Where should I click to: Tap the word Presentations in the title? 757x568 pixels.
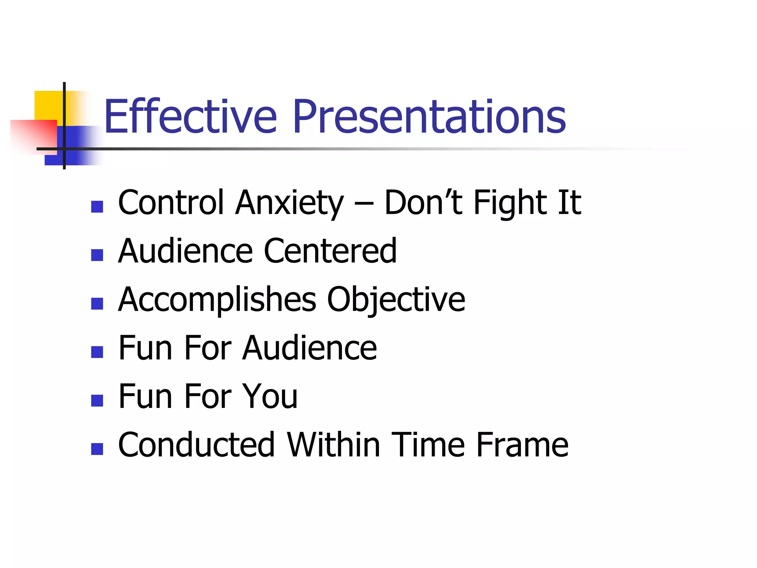[x=429, y=117]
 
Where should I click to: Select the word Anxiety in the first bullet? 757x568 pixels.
[x=289, y=203]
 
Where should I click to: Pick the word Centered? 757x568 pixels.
[x=330, y=251]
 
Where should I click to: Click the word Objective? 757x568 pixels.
[x=396, y=300]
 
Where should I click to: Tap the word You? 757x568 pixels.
[x=269, y=396]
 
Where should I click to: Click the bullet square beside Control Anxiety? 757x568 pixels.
[x=97, y=207]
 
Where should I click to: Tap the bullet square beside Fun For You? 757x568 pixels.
[x=97, y=400]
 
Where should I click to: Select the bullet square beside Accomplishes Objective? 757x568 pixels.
[x=97, y=304]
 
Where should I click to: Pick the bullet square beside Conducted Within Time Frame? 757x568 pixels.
[x=97, y=449]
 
